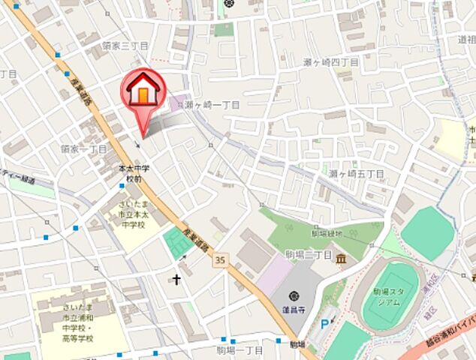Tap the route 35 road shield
[x=219, y=259]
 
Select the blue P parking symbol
[x=324, y=324]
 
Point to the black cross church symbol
[x=177, y=280]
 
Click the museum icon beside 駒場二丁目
[x=342, y=259]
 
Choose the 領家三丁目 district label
[x=125, y=46]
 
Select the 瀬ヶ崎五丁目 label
[x=356, y=174]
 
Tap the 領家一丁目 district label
[x=85, y=149]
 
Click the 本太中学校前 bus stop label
[x=134, y=174]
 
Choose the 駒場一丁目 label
[x=240, y=349]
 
